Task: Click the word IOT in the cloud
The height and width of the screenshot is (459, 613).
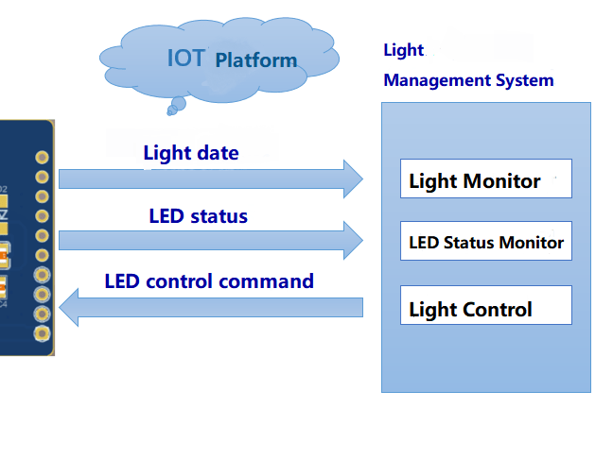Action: pos(185,58)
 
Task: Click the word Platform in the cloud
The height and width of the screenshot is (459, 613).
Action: pos(255,60)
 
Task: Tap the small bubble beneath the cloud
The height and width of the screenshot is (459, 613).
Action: pos(171,110)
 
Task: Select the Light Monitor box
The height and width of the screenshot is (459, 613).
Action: pos(486,179)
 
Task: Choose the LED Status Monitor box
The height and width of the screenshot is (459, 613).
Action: pos(486,243)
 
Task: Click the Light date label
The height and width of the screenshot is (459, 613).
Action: pos(191,152)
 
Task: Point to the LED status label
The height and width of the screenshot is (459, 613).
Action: pos(198,216)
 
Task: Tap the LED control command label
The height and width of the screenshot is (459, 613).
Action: pos(209,280)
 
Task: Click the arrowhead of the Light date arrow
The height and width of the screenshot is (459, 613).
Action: pos(353,178)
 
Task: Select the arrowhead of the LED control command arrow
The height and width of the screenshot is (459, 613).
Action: pos(69,307)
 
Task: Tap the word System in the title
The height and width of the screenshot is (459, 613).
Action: pos(524,80)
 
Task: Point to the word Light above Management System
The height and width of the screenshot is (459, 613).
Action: pos(404,50)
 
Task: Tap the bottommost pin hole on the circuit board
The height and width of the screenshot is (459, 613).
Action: pos(42,333)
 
